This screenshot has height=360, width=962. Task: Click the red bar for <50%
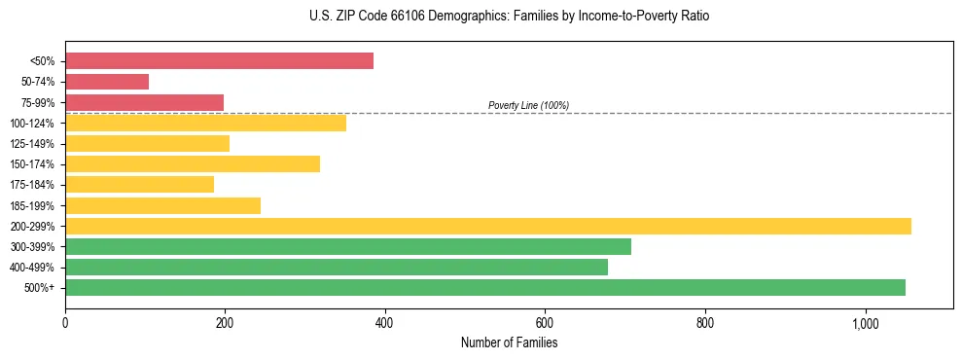click(219, 60)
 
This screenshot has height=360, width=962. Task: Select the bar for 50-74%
click(107, 82)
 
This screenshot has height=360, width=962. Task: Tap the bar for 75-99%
click(144, 102)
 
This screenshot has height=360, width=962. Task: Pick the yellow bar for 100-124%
click(205, 123)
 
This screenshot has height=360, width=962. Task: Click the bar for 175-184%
click(139, 185)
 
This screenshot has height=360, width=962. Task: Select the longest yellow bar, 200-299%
click(487, 226)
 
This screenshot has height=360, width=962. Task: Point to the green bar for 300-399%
click(347, 246)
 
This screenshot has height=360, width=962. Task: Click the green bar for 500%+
click(484, 287)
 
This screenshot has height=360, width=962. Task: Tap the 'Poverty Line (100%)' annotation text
click(528, 105)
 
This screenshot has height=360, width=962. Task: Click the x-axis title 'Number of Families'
click(509, 342)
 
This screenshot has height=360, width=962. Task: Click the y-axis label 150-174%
click(32, 164)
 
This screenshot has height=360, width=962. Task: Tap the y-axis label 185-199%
click(32, 205)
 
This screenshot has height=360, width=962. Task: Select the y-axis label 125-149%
click(32, 144)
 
